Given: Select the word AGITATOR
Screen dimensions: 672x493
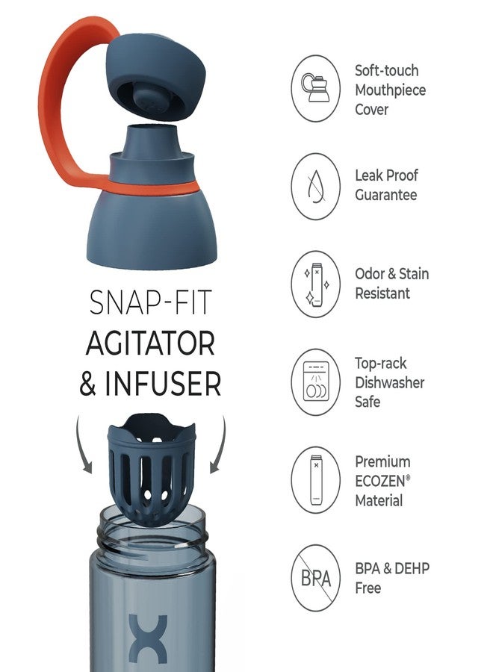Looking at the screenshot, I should click(x=150, y=343).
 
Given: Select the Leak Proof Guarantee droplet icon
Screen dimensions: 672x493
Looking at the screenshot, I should click(x=315, y=186).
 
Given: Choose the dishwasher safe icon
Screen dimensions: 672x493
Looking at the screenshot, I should click(x=315, y=382).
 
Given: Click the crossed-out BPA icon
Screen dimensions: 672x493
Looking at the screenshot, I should click(x=315, y=578).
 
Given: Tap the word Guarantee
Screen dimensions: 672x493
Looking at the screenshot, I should click(x=386, y=195).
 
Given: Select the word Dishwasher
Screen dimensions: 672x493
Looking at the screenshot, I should click(x=389, y=382).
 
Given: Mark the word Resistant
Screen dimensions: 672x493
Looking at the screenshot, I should click(x=382, y=293).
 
